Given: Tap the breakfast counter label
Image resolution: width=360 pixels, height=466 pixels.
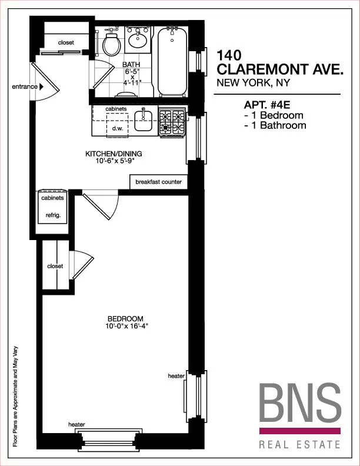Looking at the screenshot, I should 158,182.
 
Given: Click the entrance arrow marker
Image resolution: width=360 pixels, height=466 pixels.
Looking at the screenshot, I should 42,87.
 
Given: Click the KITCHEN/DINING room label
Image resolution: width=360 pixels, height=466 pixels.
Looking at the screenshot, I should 114,155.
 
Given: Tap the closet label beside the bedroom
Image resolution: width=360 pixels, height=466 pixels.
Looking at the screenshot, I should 55,266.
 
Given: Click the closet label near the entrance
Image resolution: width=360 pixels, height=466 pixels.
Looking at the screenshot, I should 66,43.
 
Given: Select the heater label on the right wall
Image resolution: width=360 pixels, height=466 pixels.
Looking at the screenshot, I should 176,376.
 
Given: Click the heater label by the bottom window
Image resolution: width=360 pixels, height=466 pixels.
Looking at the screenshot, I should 76,424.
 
